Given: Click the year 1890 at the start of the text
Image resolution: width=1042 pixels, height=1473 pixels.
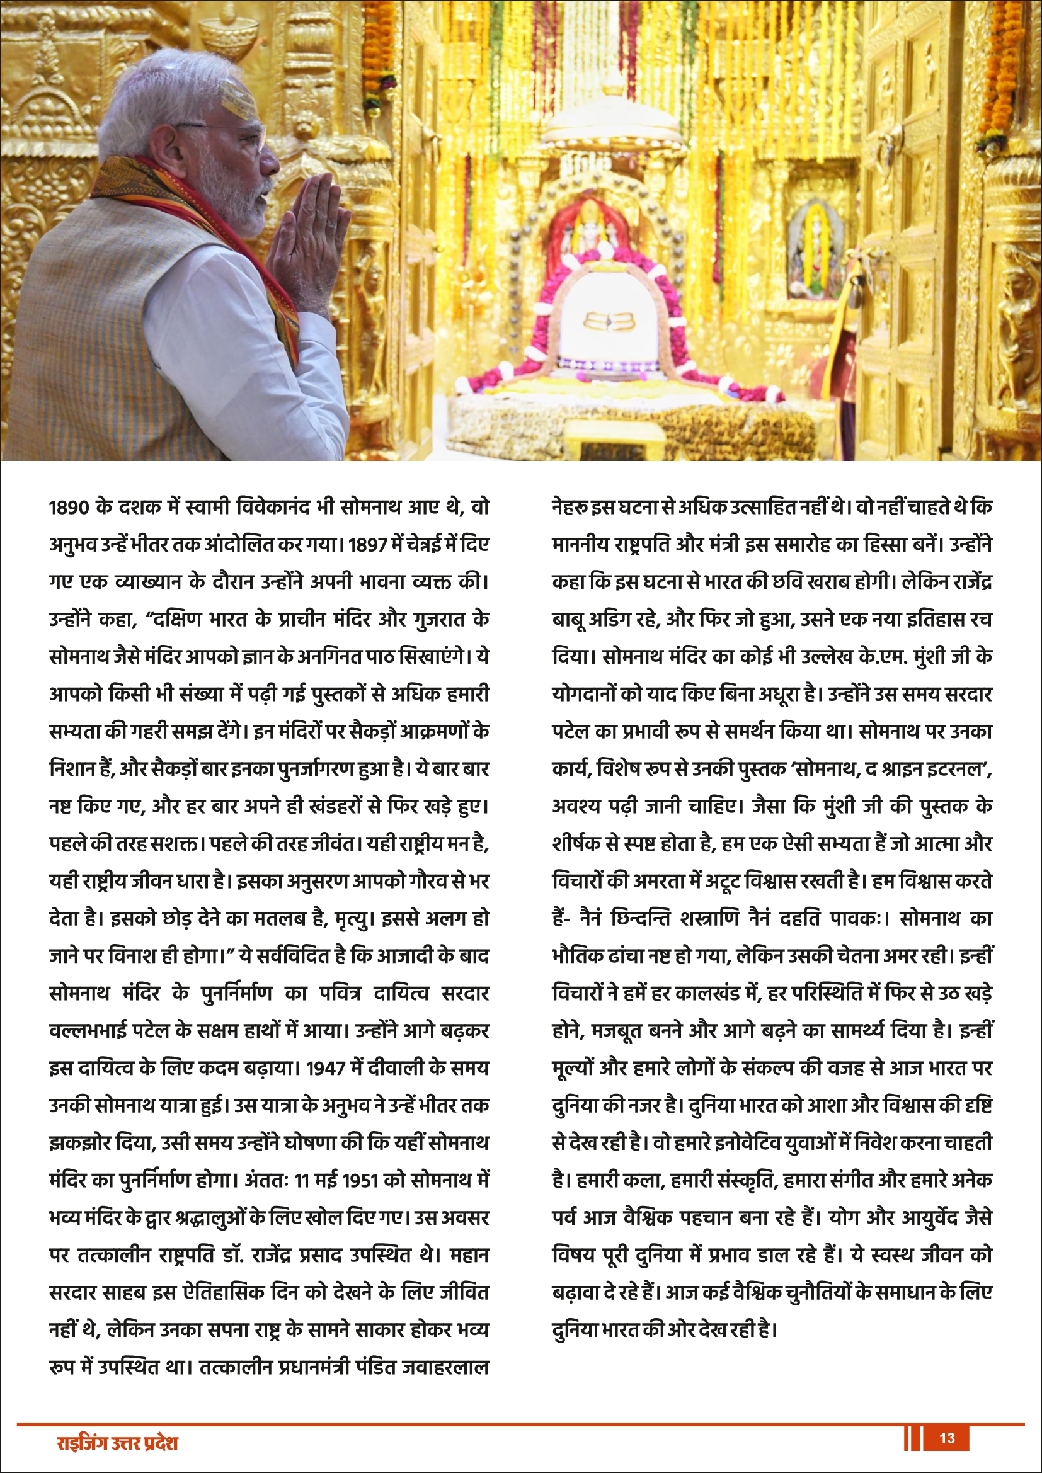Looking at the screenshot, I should coord(68,508).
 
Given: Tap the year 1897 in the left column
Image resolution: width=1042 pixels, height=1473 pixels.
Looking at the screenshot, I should coord(367,545).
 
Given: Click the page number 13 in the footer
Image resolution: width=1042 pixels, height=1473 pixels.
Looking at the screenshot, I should coord(946,1438).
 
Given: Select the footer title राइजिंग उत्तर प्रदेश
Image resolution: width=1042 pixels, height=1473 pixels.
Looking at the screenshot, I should coord(117,1443).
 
